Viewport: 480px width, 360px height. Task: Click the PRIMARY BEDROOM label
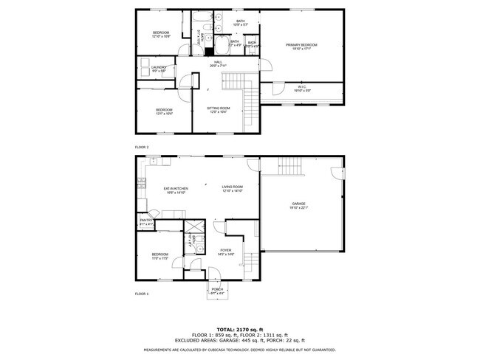pyautogui.click(x=301, y=46)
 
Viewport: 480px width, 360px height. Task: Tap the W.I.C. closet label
pyautogui.click(x=302, y=89)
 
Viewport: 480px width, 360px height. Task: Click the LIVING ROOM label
pyautogui.click(x=233, y=189)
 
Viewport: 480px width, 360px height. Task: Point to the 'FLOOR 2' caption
pyautogui.click(x=142, y=148)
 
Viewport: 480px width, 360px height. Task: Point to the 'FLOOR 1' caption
pyautogui.click(x=142, y=294)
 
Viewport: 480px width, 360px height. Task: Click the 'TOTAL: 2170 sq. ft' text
pyautogui.click(x=239, y=329)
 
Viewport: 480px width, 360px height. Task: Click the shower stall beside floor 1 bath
pyautogui.click(x=194, y=227)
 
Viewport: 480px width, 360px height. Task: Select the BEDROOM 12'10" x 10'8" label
pyautogui.click(x=161, y=34)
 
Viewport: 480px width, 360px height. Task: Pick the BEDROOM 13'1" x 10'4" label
pyautogui.click(x=163, y=111)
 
